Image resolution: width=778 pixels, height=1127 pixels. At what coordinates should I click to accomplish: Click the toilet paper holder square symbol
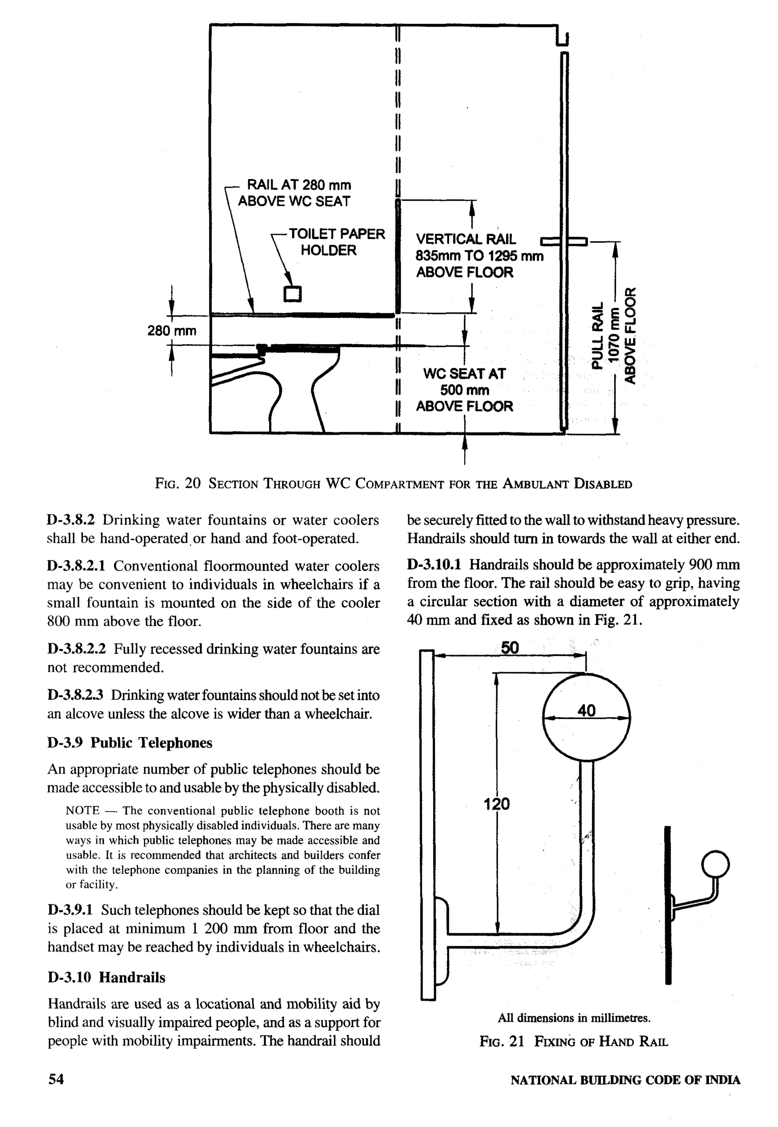click(292, 293)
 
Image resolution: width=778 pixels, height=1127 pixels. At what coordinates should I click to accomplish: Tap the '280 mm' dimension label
click(172, 331)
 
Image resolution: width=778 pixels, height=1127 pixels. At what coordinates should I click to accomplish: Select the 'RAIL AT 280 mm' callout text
click(299, 185)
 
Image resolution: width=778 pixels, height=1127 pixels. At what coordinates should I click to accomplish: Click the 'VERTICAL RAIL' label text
click(465, 239)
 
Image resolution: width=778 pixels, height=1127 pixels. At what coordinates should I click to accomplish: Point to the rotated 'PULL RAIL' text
click(598, 336)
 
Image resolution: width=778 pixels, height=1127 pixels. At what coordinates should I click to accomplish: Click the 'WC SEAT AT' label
click(464, 374)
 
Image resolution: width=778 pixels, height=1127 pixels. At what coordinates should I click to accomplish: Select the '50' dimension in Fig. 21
click(510, 648)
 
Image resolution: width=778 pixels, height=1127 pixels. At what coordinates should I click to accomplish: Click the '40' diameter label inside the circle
click(587, 711)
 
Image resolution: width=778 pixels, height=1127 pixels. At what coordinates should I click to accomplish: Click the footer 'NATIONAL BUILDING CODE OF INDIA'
click(625, 1080)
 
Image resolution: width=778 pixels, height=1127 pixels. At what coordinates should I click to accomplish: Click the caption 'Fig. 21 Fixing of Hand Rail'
click(573, 1042)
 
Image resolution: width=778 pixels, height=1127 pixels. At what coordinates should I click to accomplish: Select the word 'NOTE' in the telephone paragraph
click(82, 810)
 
